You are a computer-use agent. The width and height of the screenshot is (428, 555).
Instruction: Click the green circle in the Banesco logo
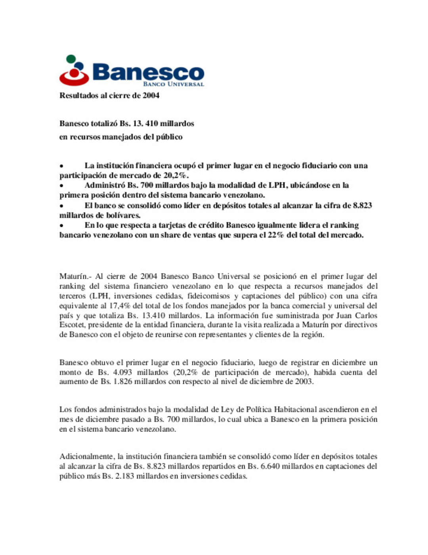tap(71, 59)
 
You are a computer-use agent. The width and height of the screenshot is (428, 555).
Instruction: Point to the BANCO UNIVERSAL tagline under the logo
tap(174, 84)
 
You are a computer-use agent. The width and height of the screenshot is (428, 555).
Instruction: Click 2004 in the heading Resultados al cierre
tap(151, 95)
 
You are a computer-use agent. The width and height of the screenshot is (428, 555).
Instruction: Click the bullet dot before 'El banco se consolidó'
tap(61, 206)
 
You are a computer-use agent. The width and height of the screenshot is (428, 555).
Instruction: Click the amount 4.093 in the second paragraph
tap(120, 372)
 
